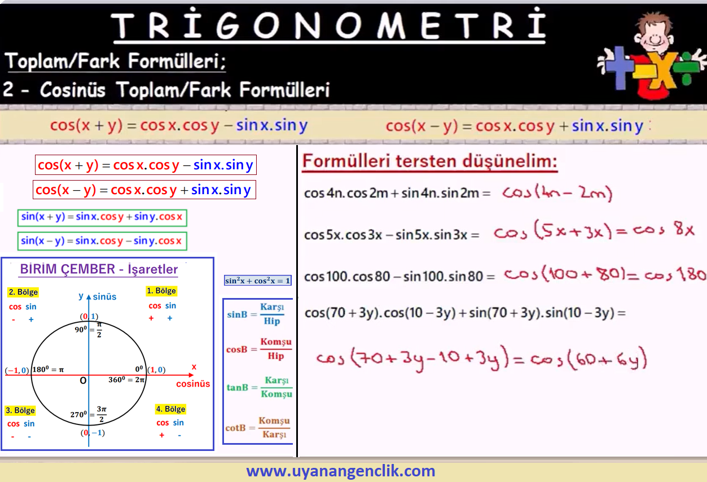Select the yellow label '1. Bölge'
(x=161, y=291)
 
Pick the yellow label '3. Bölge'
(x=20, y=410)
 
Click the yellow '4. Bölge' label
(x=170, y=409)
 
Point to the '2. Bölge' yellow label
(x=23, y=292)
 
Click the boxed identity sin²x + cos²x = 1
(x=257, y=281)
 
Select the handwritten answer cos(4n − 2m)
(x=557, y=192)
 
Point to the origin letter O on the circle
(x=83, y=380)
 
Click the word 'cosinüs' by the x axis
(x=193, y=384)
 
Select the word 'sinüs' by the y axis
(x=104, y=297)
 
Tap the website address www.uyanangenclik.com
(x=341, y=471)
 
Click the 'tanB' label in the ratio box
(x=238, y=387)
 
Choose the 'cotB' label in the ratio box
(x=235, y=428)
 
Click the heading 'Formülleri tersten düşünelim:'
(x=430, y=161)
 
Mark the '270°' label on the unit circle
(x=78, y=414)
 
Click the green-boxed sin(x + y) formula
(x=102, y=218)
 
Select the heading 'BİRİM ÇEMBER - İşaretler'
(x=99, y=269)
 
